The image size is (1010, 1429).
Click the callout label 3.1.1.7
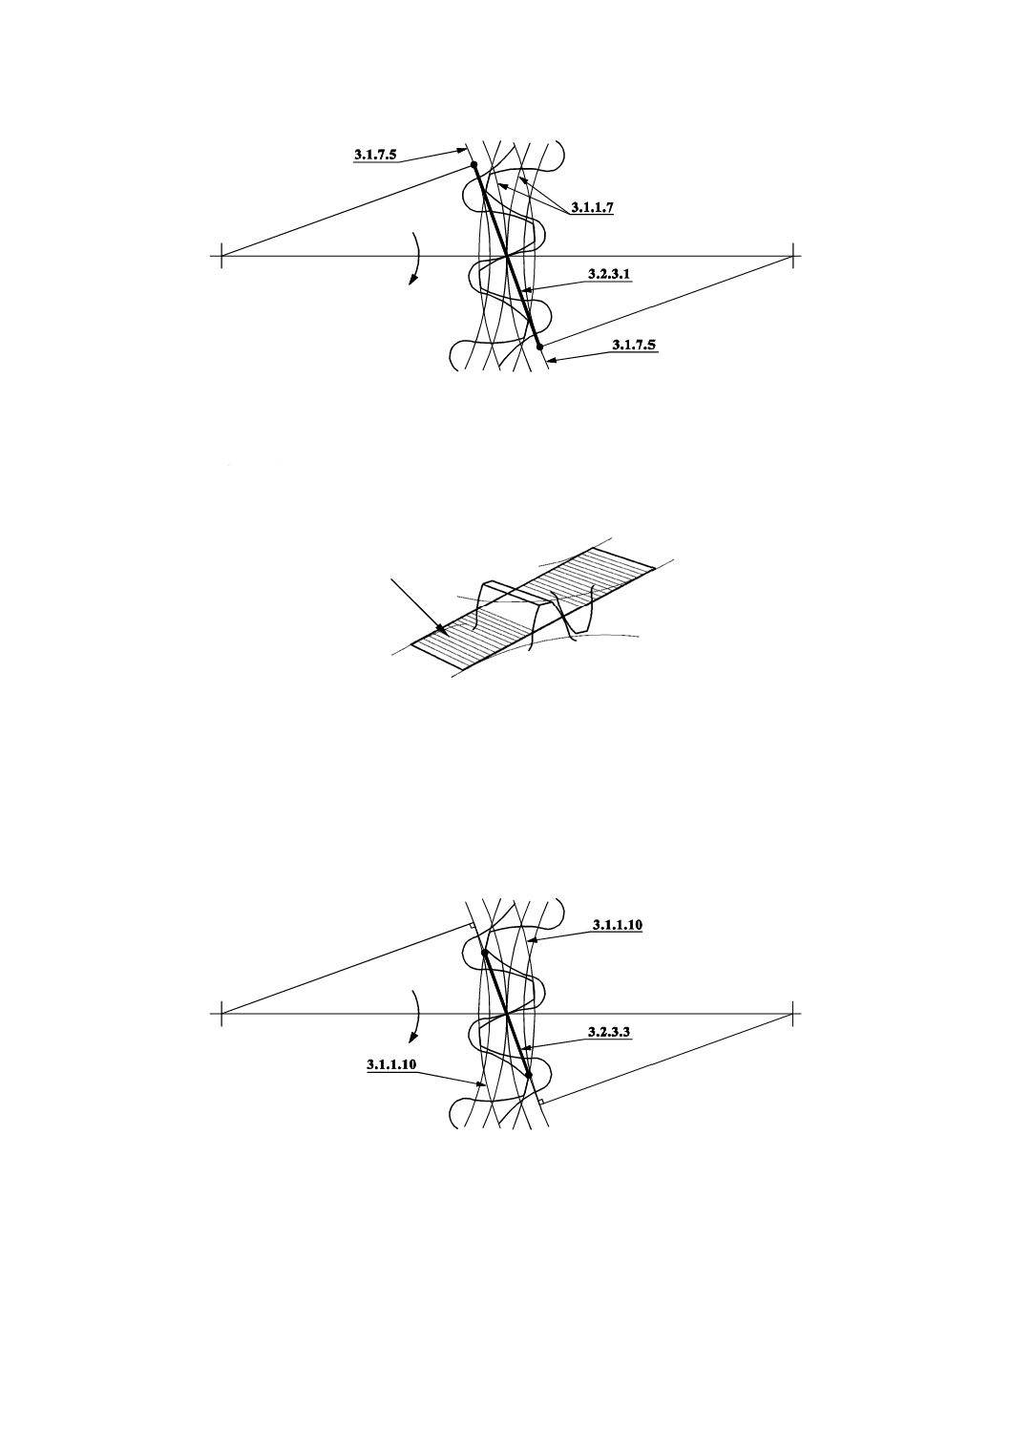coord(592,207)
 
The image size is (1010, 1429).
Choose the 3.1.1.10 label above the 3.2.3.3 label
coord(617,925)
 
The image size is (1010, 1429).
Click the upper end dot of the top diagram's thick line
coord(473,165)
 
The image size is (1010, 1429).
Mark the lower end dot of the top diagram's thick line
coord(539,347)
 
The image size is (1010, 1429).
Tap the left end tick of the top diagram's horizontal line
coord(221,256)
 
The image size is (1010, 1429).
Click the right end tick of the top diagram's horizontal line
coord(792,256)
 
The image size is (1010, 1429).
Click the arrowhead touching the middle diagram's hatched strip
coord(440,628)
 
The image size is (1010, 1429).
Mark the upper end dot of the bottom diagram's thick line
coord(485,953)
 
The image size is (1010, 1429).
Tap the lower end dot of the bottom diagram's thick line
coord(528,1075)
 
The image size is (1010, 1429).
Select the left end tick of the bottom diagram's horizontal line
coord(221,1014)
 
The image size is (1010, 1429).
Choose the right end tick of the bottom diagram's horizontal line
coord(792,1014)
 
